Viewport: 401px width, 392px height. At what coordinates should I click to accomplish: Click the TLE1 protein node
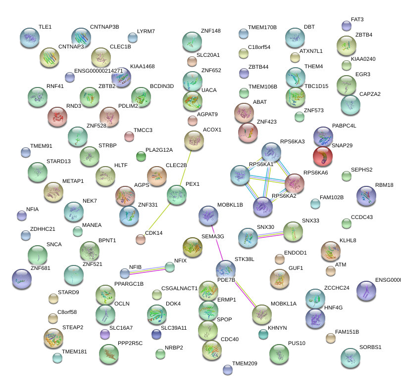point(29,38)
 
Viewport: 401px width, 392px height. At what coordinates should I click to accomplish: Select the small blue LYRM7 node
point(132,38)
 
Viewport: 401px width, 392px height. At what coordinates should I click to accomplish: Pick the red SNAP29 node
point(323,156)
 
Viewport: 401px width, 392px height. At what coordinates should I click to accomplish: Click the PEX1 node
point(176,195)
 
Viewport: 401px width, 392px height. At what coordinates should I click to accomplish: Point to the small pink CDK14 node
point(141,240)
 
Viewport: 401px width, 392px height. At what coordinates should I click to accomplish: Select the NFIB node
point(124,273)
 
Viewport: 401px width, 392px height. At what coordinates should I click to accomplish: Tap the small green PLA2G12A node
point(141,157)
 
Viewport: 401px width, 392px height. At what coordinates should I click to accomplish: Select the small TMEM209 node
point(227,369)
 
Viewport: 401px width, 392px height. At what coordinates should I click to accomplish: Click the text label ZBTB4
point(364,35)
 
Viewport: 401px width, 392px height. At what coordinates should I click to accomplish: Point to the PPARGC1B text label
point(129,284)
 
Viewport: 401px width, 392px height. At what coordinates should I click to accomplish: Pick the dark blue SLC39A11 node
point(156,334)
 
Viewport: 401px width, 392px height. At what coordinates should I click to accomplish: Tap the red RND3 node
point(57,117)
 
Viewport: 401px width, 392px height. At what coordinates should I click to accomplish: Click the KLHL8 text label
point(348,241)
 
